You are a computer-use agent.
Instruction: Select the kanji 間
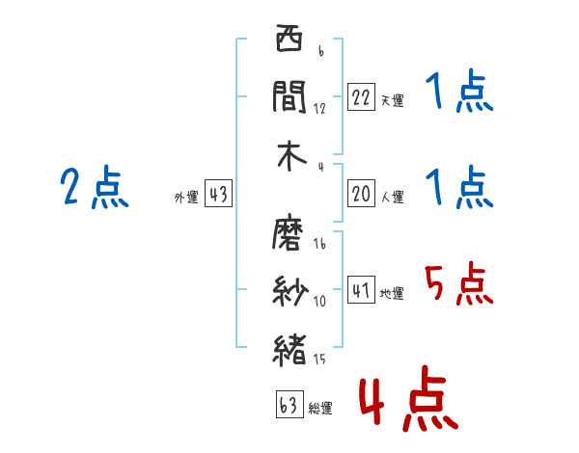(x=289, y=95)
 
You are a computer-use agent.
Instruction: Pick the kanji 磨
(x=289, y=232)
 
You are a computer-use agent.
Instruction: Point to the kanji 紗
(x=289, y=290)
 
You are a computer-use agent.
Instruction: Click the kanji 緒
(x=289, y=348)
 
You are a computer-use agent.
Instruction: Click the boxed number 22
(x=360, y=97)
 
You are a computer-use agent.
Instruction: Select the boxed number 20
(x=360, y=194)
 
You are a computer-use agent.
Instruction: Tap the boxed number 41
(x=360, y=290)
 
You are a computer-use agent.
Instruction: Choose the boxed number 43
(x=218, y=195)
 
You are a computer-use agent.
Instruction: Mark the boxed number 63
(x=289, y=405)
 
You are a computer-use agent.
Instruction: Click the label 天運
(x=392, y=100)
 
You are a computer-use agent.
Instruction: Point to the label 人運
(x=392, y=197)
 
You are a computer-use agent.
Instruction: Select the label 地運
(x=392, y=293)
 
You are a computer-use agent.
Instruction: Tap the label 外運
(x=185, y=198)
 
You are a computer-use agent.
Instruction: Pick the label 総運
(x=320, y=408)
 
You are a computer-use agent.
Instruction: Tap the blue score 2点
(x=94, y=187)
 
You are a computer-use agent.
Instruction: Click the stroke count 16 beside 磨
(x=319, y=244)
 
